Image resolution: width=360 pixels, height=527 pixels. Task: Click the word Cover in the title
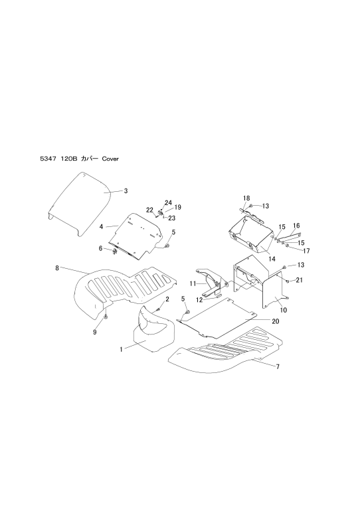click(110, 159)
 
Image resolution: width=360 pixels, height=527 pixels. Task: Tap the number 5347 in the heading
click(46, 159)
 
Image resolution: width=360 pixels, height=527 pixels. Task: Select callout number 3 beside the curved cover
click(126, 191)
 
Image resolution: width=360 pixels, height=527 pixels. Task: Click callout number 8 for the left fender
click(57, 268)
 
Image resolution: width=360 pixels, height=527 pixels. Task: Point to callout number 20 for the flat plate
click(275, 321)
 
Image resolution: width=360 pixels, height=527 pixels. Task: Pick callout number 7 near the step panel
click(278, 366)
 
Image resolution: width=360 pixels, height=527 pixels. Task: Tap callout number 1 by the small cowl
click(121, 350)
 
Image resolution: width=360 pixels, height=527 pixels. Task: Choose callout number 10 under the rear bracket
click(284, 310)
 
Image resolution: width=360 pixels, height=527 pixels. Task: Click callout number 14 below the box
click(272, 259)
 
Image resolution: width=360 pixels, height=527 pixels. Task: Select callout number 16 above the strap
click(296, 226)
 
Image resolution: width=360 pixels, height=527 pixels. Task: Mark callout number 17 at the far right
click(306, 251)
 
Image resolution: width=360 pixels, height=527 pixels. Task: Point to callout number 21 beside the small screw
click(299, 280)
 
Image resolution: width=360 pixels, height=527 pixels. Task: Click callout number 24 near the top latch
click(168, 202)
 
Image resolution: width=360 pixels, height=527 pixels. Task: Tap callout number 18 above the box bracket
click(246, 198)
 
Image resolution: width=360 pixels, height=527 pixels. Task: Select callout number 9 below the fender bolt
click(94, 332)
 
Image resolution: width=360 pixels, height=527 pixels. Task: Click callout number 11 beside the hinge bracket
click(193, 284)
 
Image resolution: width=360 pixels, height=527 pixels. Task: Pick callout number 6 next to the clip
click(100, 248)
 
